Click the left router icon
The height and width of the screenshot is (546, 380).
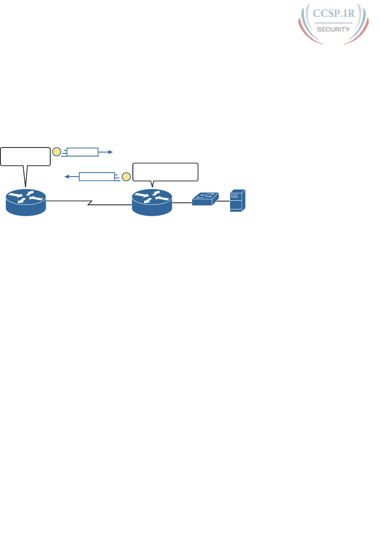(x=26, y=202)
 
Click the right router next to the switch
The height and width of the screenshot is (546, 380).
(x=152, y=202)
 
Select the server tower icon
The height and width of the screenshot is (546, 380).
(x=238, y=201)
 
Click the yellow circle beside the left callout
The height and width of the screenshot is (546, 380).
(x=56, y=152)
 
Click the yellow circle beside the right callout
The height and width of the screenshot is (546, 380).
(x=126, y=176)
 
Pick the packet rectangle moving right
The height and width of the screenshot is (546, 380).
(x=83, y=152)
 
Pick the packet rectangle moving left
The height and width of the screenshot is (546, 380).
(x=96, y=176)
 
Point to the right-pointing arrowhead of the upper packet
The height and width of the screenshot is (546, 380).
(x=110, y=152)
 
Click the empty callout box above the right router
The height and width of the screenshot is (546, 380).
(x=165, y=172)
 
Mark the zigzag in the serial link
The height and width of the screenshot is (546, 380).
(x=90, y=203)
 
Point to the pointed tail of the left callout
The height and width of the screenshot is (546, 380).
(x=25, y=181)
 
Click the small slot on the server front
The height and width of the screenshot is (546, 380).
(x=234, y=195)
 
